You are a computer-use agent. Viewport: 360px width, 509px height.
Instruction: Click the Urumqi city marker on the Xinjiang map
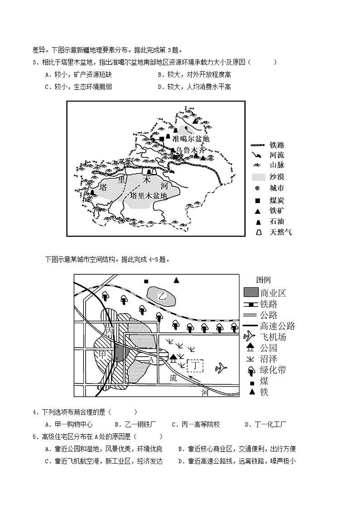click(181, 155)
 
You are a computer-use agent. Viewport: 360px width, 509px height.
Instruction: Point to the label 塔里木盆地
click(148, 196)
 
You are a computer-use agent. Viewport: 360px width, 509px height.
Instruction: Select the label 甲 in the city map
click(103, 354)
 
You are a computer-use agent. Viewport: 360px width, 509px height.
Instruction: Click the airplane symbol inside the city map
click(220, 368)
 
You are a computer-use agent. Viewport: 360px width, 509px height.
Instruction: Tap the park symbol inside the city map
click(173, 359)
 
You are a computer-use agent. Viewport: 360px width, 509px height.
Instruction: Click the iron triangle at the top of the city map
click(176, 280)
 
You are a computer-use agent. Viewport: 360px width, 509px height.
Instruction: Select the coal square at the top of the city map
click(146, 281)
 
